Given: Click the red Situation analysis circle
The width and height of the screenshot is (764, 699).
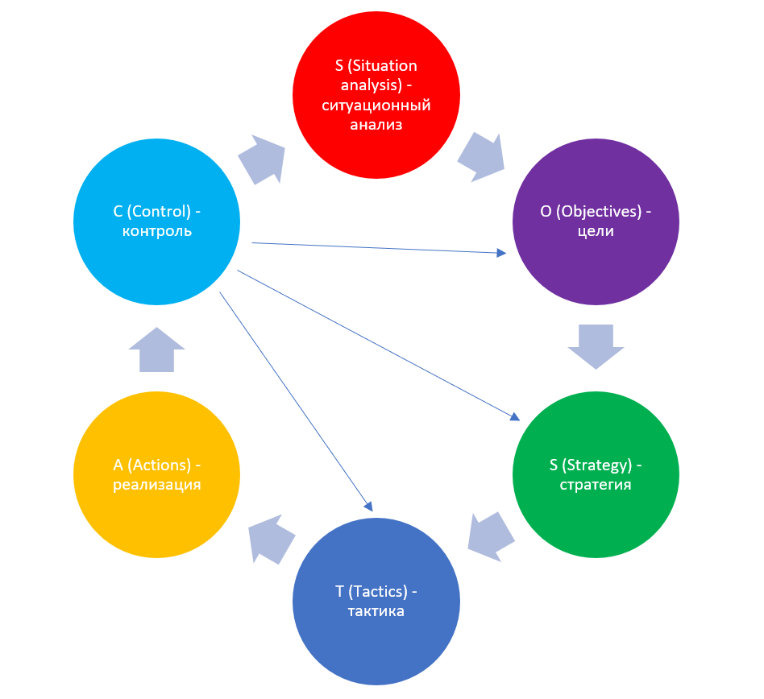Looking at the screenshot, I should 376,94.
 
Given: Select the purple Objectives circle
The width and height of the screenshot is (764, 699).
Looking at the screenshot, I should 596,221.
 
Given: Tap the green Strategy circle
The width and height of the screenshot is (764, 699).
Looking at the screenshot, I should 596,474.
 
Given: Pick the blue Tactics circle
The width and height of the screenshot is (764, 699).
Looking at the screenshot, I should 376,602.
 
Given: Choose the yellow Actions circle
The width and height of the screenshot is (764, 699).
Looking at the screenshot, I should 156,474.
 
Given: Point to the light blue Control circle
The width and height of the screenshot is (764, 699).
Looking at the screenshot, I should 156,221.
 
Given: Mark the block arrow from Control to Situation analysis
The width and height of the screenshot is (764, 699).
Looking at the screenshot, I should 263,159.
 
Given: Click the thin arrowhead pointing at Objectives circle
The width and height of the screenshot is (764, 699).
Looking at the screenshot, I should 501,253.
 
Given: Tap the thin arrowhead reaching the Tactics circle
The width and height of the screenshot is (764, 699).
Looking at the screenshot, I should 368,506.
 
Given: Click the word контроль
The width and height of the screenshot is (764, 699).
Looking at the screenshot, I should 156,232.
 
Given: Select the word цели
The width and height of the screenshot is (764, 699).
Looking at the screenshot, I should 596,232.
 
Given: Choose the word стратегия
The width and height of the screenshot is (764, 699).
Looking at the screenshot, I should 596,485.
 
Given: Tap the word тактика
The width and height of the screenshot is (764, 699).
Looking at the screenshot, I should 376,612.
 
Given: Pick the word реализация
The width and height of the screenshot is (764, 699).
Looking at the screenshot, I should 156,485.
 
